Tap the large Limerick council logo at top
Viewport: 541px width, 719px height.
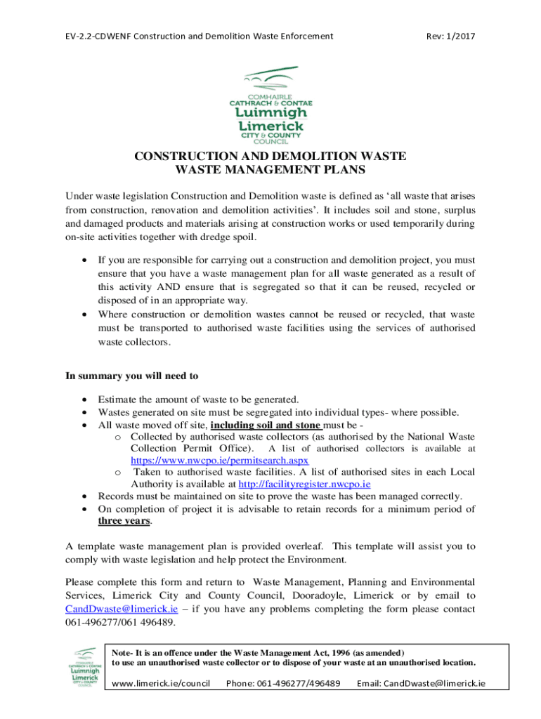pos(270,103)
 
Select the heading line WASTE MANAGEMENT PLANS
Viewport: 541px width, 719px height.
pos(270,169)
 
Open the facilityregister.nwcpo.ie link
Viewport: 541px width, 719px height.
pos(304,484)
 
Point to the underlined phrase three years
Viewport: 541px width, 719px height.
pos(124,521)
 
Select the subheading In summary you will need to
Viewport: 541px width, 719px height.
pos(131,376)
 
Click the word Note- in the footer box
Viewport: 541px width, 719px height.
pos(124,652)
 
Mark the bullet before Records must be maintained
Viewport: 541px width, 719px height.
pos(85,496)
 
